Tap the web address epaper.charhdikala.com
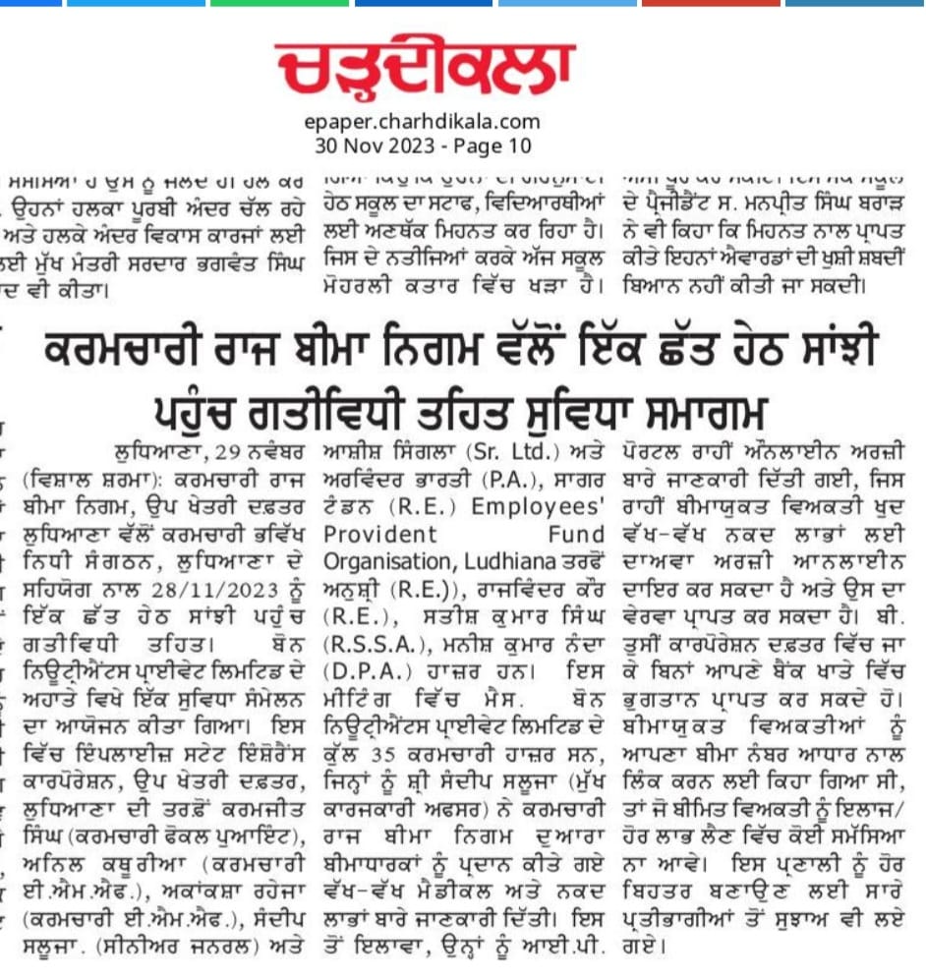tap(423, 123)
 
